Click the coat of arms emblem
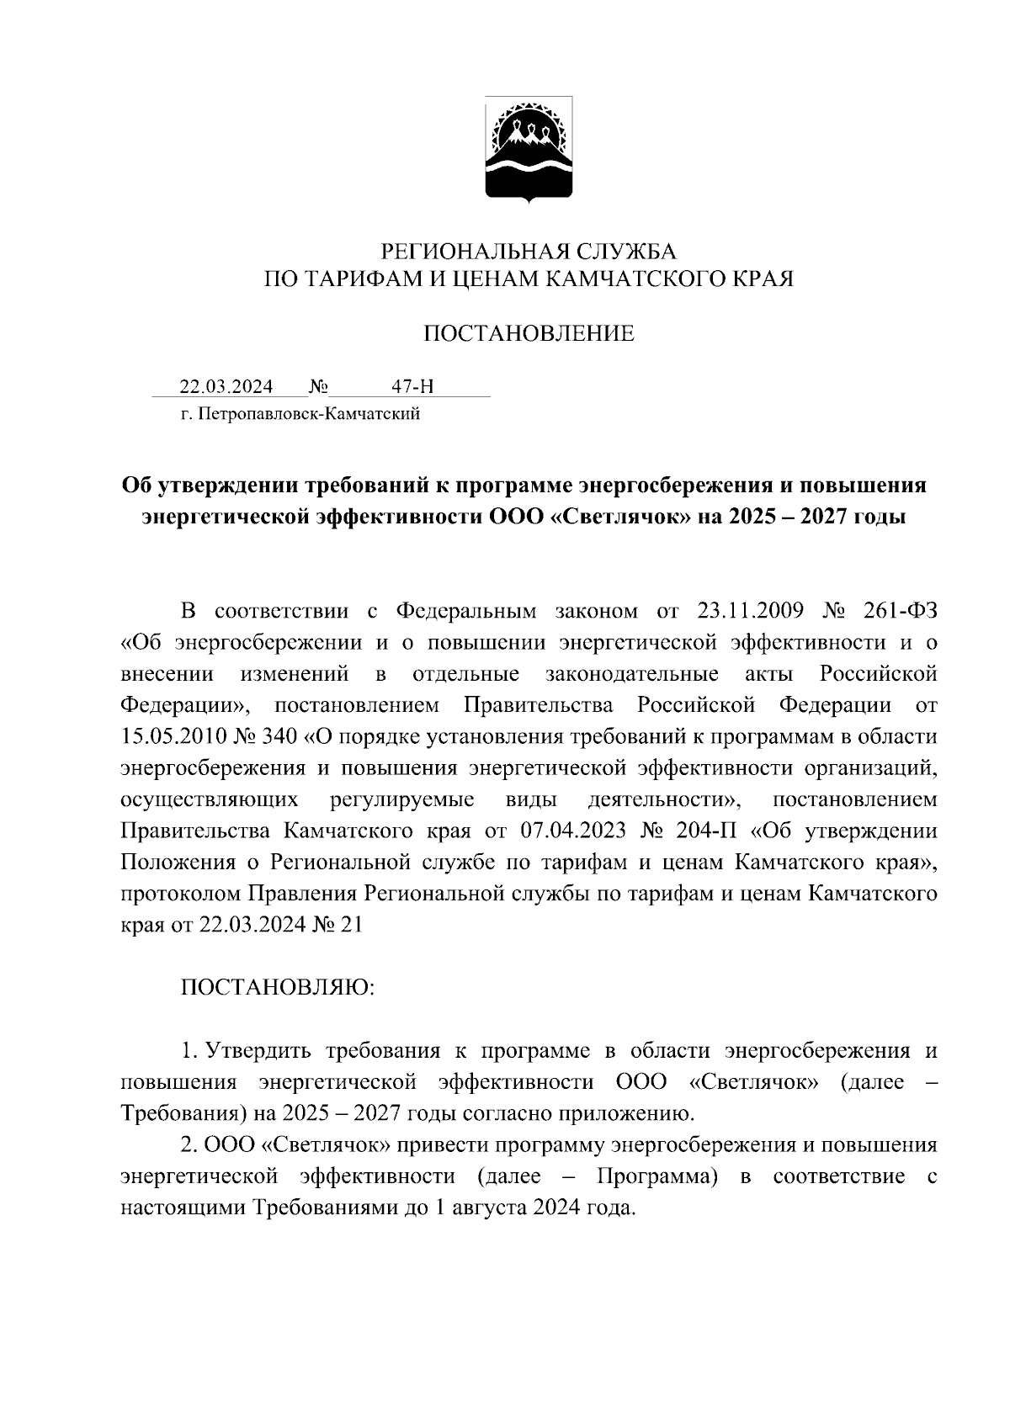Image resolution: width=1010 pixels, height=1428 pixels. tap(529, 150)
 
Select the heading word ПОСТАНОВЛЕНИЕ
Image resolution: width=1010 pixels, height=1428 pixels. tap(529, 334)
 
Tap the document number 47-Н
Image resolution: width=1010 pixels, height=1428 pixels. tap(412, 387)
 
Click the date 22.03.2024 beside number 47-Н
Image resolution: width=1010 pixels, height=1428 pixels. tap(226, 387)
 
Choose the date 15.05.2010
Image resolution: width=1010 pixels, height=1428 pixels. tap(172, 736)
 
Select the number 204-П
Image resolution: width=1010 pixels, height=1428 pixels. tap(707, 831)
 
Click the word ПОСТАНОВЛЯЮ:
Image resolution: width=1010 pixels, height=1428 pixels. tap(278, 987)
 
